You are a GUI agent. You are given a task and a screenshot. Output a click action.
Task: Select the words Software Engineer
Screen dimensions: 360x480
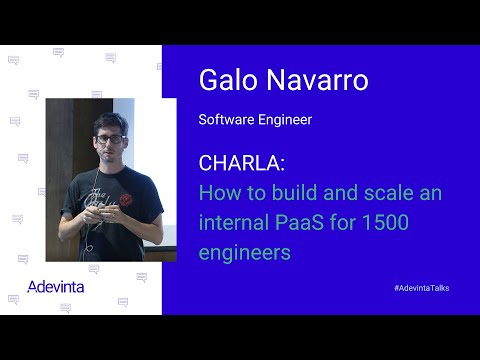coord(256,120)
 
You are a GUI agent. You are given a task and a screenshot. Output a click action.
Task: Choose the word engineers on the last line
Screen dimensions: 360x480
coord(245,253)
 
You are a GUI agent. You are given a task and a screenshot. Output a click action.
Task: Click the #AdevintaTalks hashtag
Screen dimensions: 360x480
coord(421,288)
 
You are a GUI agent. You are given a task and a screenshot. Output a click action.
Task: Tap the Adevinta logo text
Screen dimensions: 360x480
coord(56,286)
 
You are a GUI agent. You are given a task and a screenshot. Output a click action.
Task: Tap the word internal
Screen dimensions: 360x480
coord(234,222)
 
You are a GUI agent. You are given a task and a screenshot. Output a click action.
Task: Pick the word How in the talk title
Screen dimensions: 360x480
coord(218,192)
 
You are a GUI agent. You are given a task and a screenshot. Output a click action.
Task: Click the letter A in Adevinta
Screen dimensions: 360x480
coord(35,286)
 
